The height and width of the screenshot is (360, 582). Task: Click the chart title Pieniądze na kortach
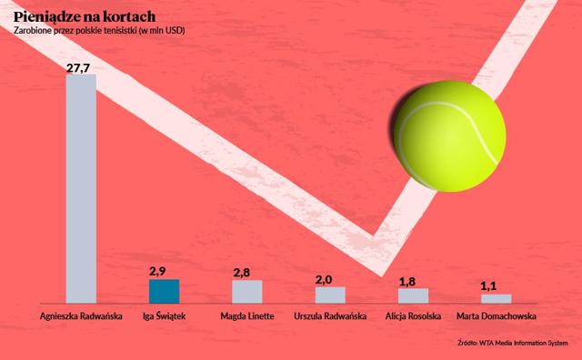(x=85, y=17)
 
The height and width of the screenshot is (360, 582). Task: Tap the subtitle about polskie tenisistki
(x=99, y=31)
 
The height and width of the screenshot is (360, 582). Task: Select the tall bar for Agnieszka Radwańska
(x=81, y=189)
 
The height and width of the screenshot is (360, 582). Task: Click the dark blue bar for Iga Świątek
(x=164, y=291)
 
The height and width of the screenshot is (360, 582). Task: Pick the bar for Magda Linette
(x=247, y=292)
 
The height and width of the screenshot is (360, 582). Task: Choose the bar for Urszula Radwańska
(x=330, y=295)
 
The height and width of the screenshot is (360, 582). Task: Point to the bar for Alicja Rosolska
(x=414, y=295)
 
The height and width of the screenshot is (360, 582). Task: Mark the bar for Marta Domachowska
(x=497, y=299)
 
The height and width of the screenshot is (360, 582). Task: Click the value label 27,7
(x=78, y=68)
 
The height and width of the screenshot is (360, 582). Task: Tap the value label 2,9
(x=157, y=272)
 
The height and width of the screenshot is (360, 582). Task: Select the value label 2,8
(x=242, y=273)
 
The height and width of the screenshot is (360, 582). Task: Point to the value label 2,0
(x=324, y=279)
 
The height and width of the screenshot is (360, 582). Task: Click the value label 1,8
(x=407, y=282)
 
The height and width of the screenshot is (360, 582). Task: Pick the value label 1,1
(x=488, y=286)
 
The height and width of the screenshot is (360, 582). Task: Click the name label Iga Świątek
(x=164, y=316)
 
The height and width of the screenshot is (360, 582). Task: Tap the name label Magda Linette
(x=247, y=316)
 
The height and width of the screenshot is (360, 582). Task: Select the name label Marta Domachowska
(x=497, y=316)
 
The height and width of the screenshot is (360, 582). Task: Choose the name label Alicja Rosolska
(x=413, y=316)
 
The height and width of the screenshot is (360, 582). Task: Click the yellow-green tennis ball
(x=450, y=135)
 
